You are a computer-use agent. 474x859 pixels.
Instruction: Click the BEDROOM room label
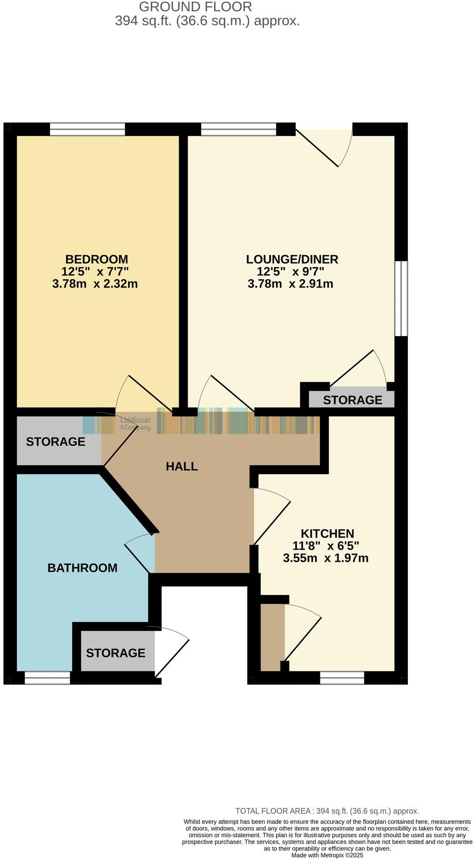97,259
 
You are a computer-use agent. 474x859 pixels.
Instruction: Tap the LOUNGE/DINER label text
292,259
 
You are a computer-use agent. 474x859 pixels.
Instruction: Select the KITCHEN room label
327,533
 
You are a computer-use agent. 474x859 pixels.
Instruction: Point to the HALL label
181,466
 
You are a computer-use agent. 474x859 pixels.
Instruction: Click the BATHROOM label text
82,568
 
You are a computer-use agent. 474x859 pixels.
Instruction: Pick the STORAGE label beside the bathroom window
115,653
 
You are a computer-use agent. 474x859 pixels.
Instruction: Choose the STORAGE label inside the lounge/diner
352,400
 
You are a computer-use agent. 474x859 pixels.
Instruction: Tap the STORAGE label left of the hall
56,441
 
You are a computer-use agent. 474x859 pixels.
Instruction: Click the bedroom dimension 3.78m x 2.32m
95,284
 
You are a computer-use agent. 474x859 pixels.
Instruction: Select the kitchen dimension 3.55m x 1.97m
325,558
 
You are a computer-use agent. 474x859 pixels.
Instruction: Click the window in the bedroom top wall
87,129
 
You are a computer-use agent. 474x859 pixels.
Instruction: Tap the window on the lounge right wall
401,298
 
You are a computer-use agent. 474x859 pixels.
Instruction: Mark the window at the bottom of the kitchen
342,678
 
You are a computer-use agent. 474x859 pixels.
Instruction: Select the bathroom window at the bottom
47,678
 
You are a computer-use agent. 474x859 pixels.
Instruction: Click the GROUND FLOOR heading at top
195,7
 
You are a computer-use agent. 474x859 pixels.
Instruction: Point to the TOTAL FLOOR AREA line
327,811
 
